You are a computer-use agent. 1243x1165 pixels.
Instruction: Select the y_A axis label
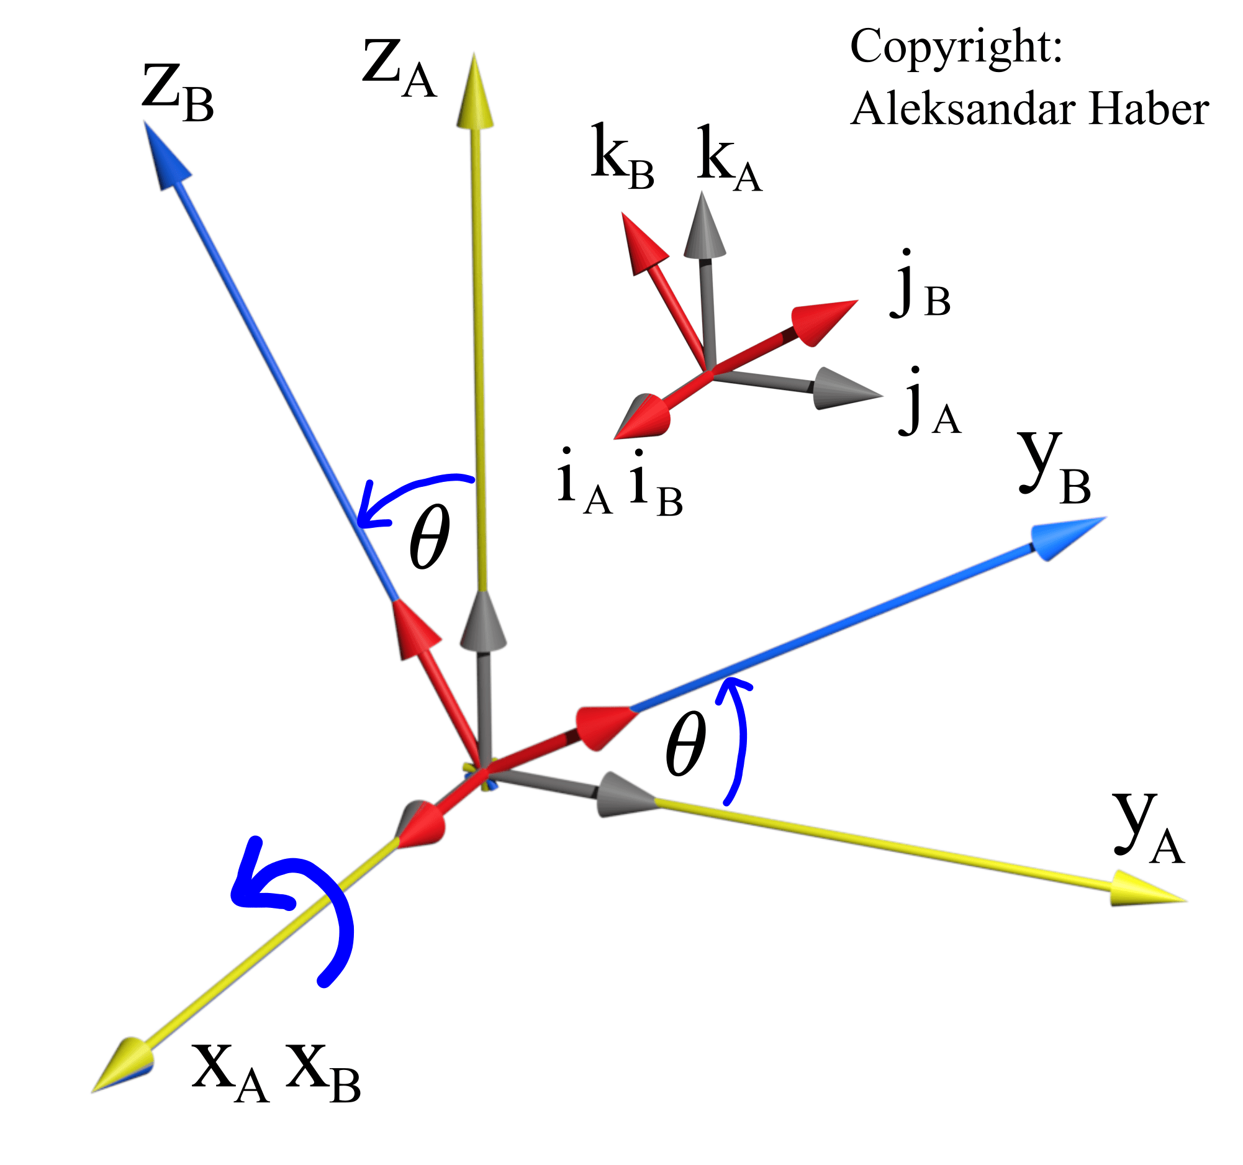click(x=1148, y=828)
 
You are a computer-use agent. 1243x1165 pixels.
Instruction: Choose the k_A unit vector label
click(x=729, y=160)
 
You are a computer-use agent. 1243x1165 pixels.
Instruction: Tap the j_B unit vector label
click(x=919, y=288)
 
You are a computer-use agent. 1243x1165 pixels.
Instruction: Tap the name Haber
click(x=1148, y=110)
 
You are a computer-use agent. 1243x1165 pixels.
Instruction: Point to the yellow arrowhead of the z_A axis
click(x=474, y=94)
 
